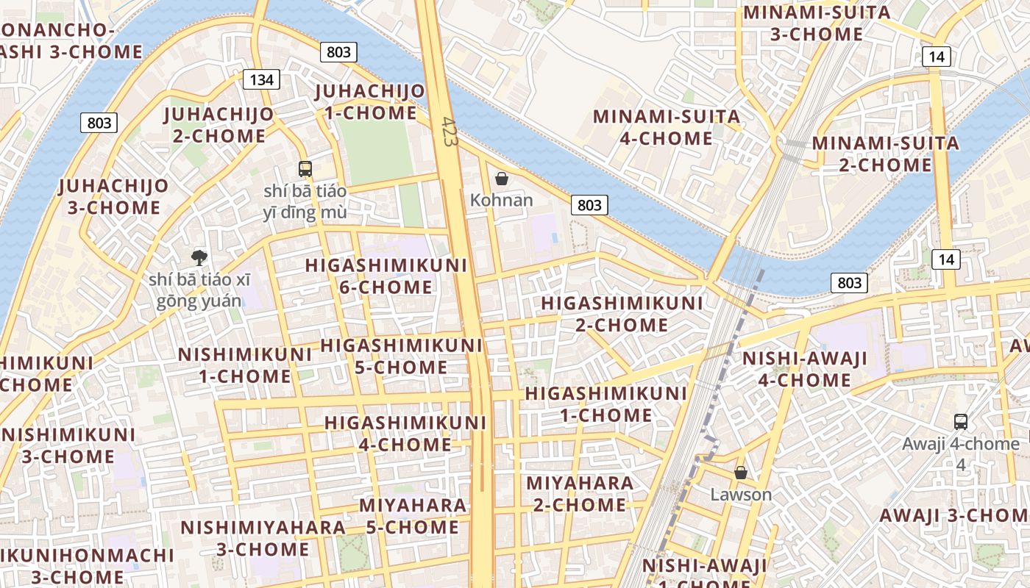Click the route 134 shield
[261, 79]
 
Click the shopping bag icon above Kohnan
[502, 179]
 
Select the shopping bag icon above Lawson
[741, 473]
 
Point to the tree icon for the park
[199, 257]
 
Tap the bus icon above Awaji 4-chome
[961, 421]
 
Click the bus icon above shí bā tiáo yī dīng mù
[305, 168]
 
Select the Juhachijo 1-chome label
[370, 102]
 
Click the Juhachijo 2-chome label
[219, 125]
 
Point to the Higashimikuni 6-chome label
[386, 276]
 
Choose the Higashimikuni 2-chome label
[622, 314]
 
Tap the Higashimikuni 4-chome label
[405, 434]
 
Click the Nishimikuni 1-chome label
[245, 365]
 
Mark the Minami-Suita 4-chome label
[667, 127]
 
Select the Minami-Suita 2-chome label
[886, 154]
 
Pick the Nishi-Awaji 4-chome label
[805, 369]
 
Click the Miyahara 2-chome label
[580, 494]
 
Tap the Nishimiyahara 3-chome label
[263, 538]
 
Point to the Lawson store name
[741, 495]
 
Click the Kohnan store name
[502, 200]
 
